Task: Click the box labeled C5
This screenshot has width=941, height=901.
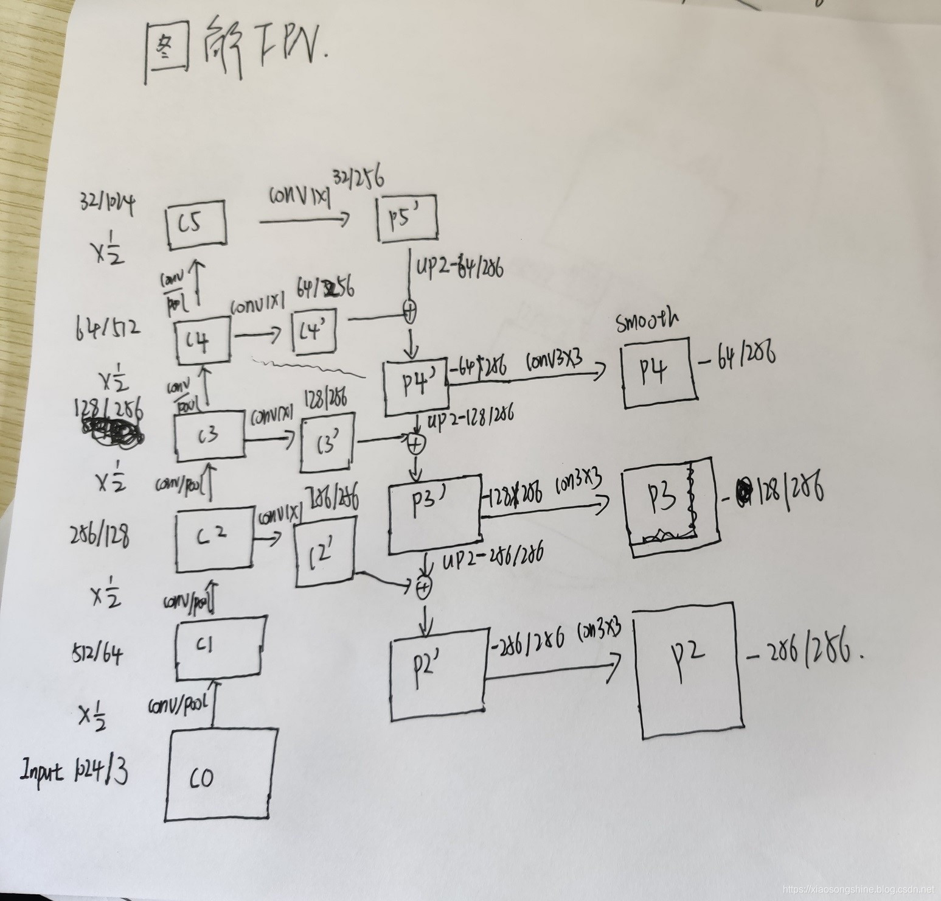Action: [196, 225]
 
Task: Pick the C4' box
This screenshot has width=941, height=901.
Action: [314, 331]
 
